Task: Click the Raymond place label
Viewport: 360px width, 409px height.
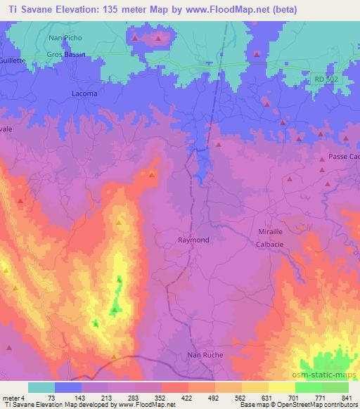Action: (193, 240)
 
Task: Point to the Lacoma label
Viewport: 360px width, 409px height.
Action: (85, 93)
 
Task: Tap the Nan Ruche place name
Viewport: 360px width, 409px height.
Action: (205, 355)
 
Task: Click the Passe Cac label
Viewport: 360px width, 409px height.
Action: (343, 157)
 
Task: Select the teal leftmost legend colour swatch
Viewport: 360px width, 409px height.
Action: (41, 387)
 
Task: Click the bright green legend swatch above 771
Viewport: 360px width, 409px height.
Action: (309, 387)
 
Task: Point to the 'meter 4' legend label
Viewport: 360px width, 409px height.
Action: (13, 397)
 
